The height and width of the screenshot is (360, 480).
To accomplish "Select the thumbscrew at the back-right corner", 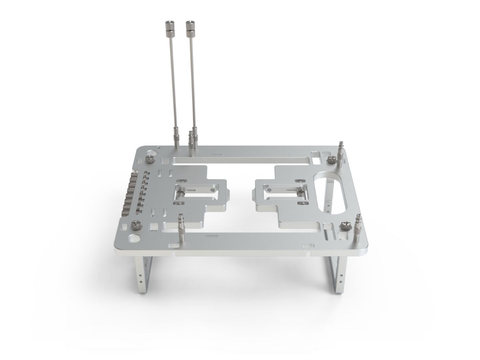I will click(332, 161).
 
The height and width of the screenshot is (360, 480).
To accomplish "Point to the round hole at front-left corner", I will click(133, 239).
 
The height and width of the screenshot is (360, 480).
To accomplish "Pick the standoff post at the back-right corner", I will click(341, 154).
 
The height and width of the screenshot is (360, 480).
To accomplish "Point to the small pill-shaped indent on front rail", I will click(209, 237).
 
